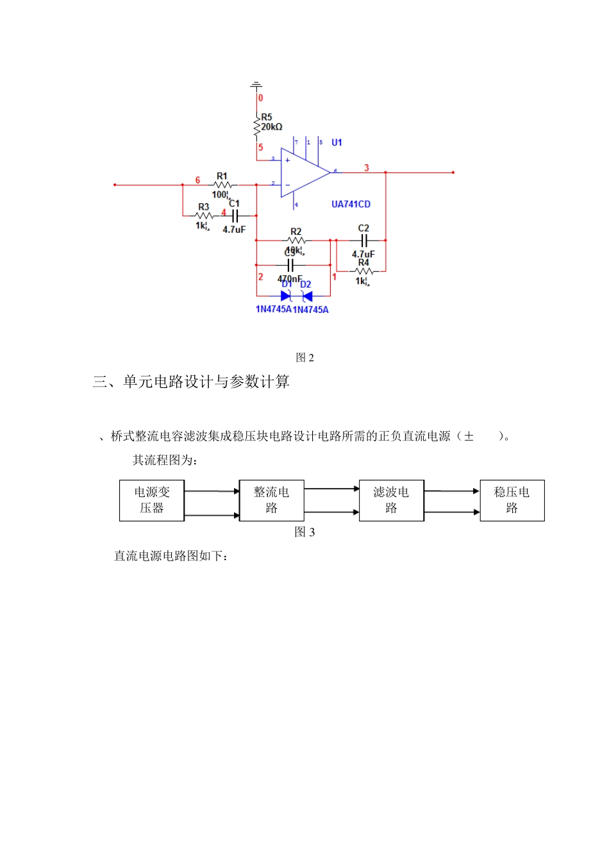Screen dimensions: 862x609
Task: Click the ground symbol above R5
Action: [256, 85]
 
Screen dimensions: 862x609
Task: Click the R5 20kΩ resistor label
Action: [271, 123]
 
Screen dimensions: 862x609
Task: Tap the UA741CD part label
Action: [351, 205]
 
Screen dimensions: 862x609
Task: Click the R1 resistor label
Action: [222, 176]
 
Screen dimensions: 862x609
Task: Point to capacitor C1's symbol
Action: [235, 216]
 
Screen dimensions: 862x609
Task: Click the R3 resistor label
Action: [203, 207]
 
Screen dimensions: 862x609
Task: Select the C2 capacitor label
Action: [363, 228]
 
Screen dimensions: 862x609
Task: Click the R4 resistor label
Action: [363, 262]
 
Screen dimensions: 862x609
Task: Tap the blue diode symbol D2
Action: [306, 296]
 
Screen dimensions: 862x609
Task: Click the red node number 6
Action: [197, 180]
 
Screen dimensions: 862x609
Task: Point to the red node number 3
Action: [367, 168]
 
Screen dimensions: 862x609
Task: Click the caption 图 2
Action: [304, 358]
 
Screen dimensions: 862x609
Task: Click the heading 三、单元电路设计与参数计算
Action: [191, 382]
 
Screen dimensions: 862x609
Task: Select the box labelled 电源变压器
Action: [152, 500]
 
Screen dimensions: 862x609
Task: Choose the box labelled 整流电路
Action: [271, 500]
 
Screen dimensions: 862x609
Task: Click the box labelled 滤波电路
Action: [391, 500]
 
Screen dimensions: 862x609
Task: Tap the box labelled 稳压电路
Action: [512, 500]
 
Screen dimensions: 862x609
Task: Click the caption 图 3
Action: [304, 532]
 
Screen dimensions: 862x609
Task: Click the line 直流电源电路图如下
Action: [171, 556]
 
